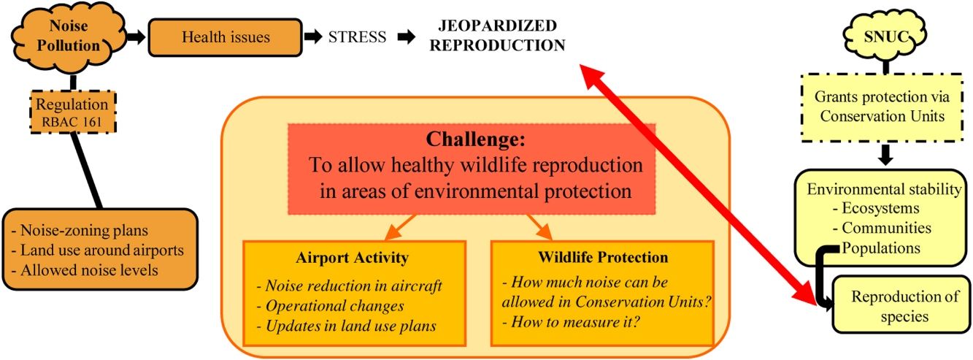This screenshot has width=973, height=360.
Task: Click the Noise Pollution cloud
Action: pos(69,37)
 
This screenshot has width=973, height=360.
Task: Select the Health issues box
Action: pos(225,37)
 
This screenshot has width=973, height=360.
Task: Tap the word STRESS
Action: pos(357,37)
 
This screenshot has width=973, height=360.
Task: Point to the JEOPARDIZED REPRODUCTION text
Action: pos(497,35)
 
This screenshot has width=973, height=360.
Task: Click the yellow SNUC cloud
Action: pos(885,37)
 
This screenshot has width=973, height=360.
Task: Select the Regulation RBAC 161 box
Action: pos(72,112)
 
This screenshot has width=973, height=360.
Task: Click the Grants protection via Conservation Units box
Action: pos(882,107)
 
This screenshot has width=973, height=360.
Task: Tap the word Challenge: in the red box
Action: pos(475,139)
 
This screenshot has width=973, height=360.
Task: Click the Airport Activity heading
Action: pos(353,257)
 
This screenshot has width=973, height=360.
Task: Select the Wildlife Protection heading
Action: pos(603,257)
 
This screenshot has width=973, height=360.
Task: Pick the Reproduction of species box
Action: pos(901,305)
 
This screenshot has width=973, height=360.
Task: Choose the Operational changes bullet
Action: pos(330,306)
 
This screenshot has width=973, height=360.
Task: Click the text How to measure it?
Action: pos(572,322)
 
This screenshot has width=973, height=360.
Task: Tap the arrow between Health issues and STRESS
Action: pos(312,37)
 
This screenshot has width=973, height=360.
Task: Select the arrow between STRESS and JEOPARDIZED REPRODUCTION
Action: pos(407,37)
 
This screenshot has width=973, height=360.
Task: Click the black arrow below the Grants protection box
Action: pos(885,155)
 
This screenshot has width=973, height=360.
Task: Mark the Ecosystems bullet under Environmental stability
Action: pos(876,208)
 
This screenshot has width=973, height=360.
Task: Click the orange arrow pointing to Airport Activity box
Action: pos(399,227)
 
